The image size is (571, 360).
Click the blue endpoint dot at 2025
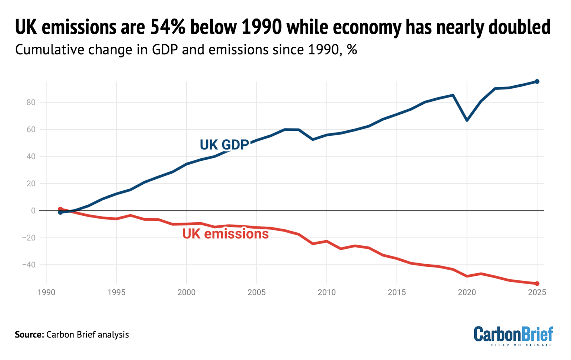pyautogui.click(x=537, y=81)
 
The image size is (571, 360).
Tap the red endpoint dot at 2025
pyautogui.click(x=537, y=284)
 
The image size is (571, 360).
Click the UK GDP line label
pyautogui.click(x=224, y=145)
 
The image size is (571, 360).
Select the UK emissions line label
pyautogui.click(x=225, y=234)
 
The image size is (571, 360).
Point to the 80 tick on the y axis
pyautogui.click(x=31, y=102)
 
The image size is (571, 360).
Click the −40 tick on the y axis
pyautogui.click(x=29, y=265)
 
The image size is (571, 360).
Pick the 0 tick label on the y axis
pyautogui.click(x=33, y=211)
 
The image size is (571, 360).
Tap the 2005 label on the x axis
pyautogui.click(x=256, y=292)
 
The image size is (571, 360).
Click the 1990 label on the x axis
pyautogui.click(x=46, y=292)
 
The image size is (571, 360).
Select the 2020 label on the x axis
pyautogui.click(x=467, y=292)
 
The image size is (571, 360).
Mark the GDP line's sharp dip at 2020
pyautogui.click(x=467, y=120)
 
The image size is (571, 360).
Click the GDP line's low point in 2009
pyautogui.click(x=313, y=139)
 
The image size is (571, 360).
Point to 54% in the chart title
pyautogui.click(x=168, y=27)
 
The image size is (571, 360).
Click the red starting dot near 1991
pyautogui.click(x=60, y=209)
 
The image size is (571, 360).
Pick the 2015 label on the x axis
pyautogui.click(x=396, y=292)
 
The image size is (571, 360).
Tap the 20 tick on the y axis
pyautogui.click(x=31, y=184)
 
